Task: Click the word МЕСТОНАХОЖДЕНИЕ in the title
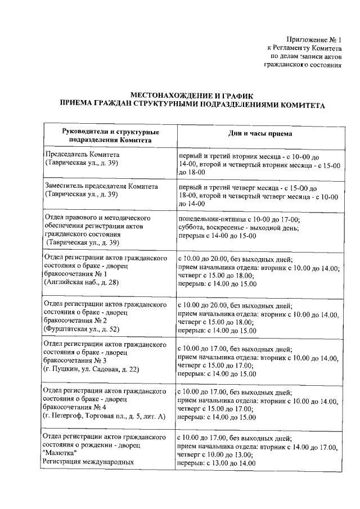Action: click(x=166, y=96)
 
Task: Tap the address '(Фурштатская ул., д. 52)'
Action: click(x=82, y=329)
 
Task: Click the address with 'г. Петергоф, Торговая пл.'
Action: click(x=105, y=416)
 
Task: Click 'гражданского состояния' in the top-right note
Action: click(x=303, y=65)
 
